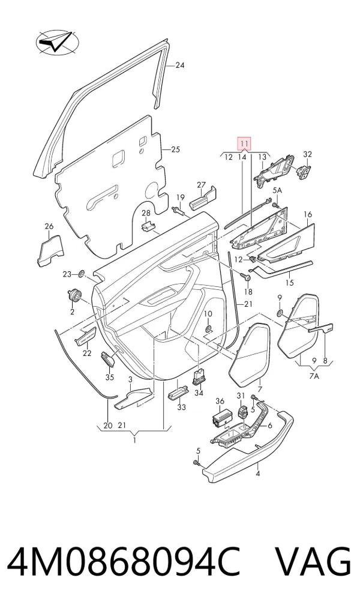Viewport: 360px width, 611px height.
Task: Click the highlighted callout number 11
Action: pos(244,144)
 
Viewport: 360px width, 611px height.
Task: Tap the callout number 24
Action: pos(179,65)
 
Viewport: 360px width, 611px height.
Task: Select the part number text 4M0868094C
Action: pos(124,562)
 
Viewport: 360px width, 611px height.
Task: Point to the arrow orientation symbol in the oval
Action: pos(57,43)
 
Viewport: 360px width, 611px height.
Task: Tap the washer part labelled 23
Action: pos(82,274)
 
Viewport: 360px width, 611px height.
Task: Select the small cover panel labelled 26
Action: pos(50,250)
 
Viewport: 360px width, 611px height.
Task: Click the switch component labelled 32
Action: pos(305,171)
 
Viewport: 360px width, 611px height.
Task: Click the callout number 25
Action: pos(176,149)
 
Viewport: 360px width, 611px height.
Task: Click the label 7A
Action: pos(314,376)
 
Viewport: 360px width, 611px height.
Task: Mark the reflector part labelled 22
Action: pos(86,336)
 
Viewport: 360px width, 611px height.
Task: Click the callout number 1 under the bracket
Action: pos(134,441)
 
